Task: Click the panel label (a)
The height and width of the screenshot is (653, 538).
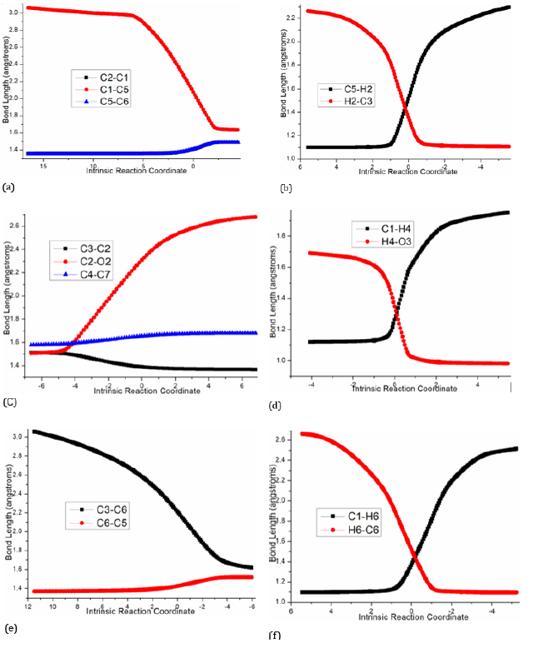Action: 9,188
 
